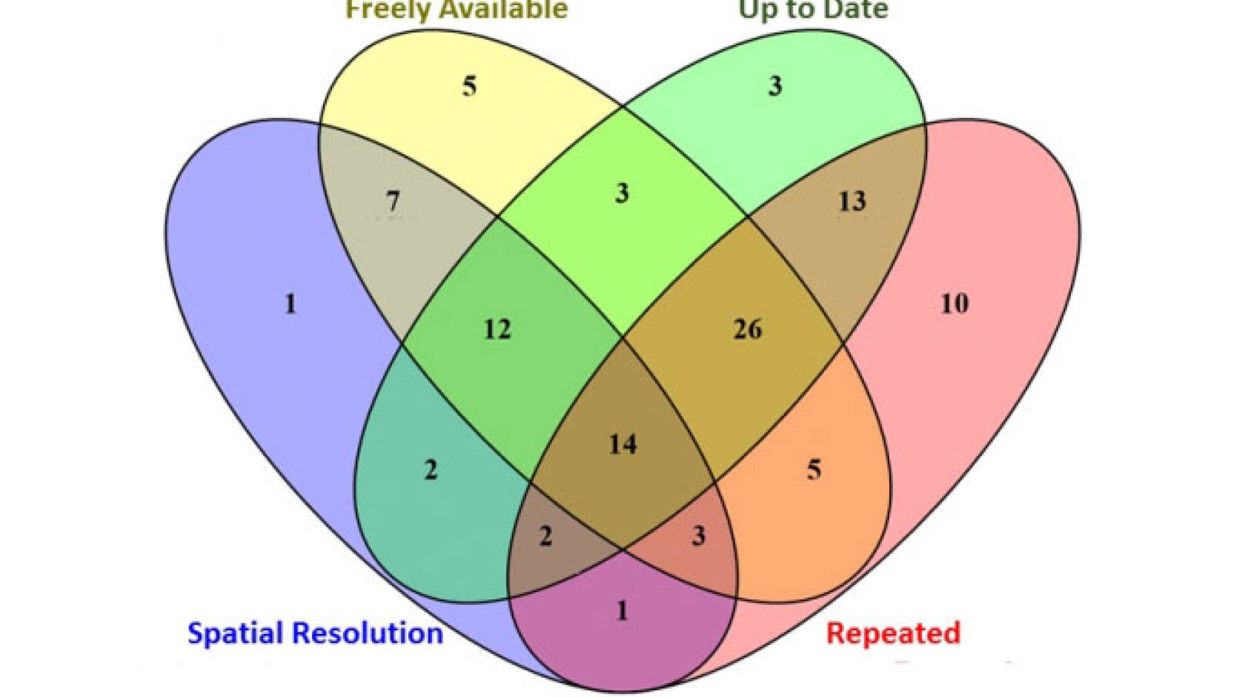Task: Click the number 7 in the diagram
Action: [x=393, y=201]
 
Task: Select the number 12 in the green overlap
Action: [x=497, y=328]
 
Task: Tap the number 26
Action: [x=747, y=328]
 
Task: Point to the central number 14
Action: [x=622, y=444]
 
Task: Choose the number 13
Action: [x=851, y=201]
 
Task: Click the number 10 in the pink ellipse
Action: [x=954, y=303]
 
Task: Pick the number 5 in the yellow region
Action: [x=469, y=86]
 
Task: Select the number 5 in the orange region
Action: [x=814, y=469]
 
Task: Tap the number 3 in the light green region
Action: [x=774, y=86]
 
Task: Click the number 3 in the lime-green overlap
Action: [x=622, y=193]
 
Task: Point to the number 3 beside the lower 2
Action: [x=698, y=535]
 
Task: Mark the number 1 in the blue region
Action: [x=290, y=303]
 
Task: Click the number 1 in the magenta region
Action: [x=622, y=610]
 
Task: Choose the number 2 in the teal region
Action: [x=431, y=469]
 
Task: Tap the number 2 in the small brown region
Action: [x=545, y=535]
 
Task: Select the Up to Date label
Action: [x=813, y=10]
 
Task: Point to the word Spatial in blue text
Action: [x=236, y=633]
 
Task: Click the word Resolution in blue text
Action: [x=368, y=633]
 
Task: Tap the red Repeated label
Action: [x=893, y=633]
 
